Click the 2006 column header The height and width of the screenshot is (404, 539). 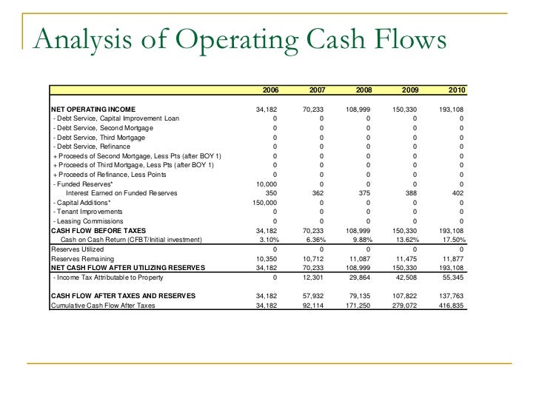[270, 90]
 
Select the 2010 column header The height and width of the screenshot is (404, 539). [457, 90]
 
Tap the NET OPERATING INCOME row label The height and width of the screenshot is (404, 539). [93, 109]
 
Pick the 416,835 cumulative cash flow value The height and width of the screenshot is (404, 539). [451, 305]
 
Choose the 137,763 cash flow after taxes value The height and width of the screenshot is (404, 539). [451, 295]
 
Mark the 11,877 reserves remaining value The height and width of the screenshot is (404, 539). [452, 258]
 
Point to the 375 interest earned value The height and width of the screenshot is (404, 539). [364, 192]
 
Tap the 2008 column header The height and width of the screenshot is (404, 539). [364, 90]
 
